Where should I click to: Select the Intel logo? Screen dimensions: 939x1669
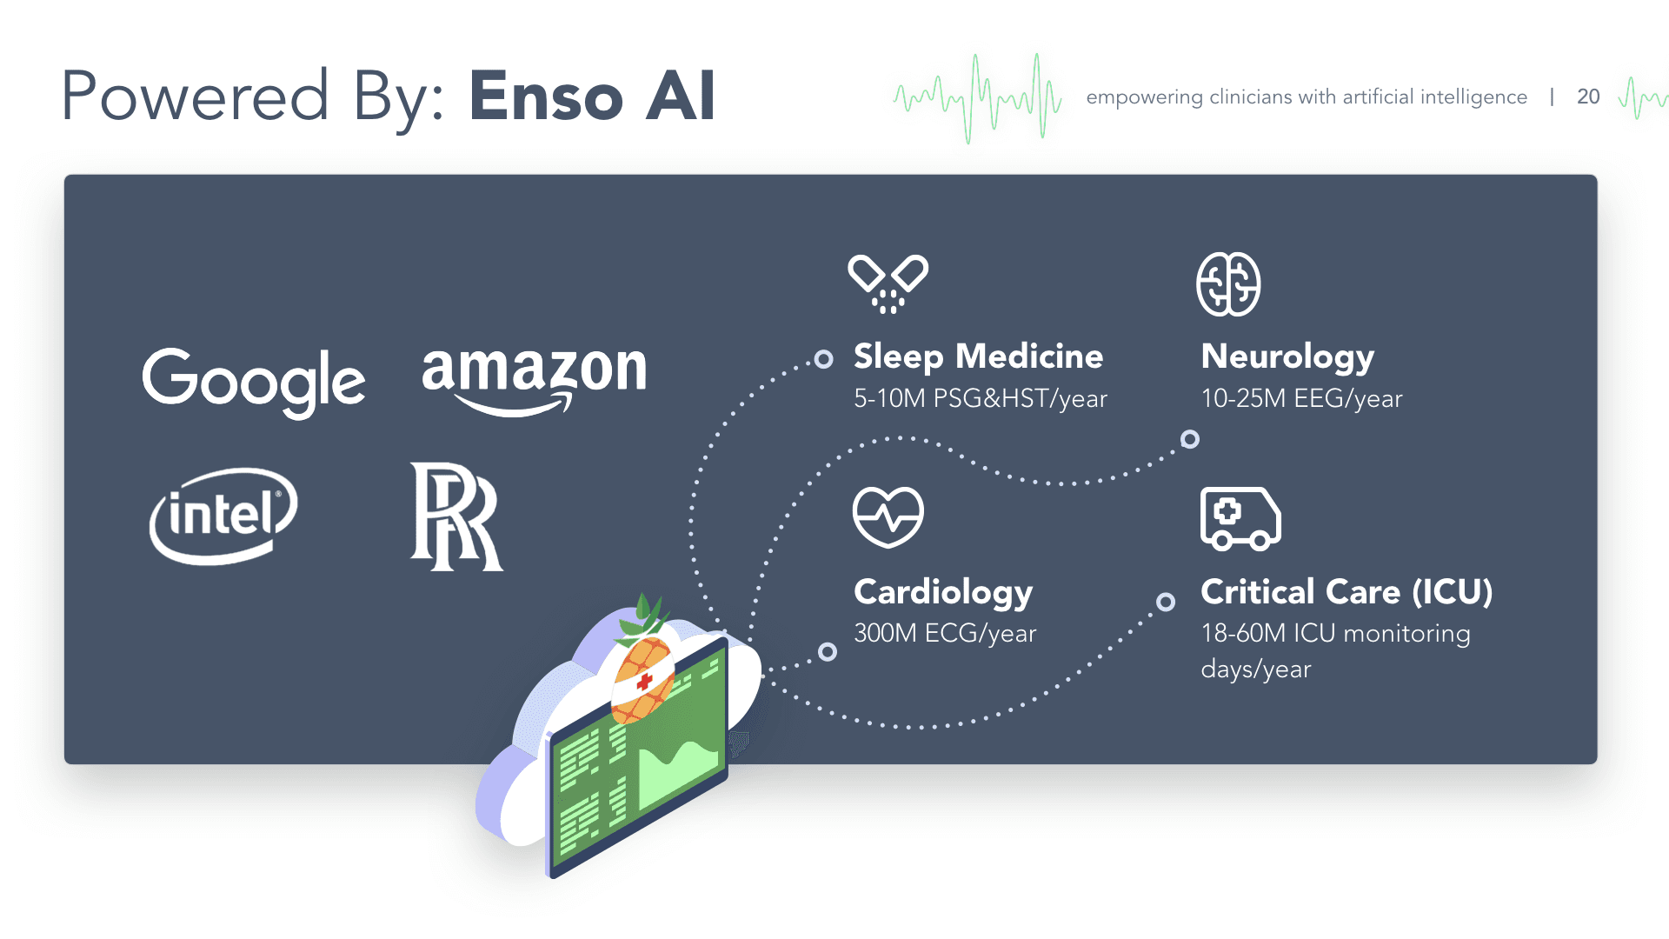(x=223, y=516)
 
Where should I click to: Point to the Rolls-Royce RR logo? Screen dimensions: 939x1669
(x=455, y=516)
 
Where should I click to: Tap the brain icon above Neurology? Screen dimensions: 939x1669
(x=1228, y=284)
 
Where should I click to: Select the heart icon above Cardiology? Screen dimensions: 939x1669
(x=888, y=516)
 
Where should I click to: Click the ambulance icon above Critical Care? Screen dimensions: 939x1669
(x=1240, y=518)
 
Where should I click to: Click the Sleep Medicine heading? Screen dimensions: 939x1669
(x=978, y=356)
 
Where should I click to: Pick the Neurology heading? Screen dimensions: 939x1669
(x=1287, y=356)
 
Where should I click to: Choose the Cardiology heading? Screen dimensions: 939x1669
(x=943, y=592)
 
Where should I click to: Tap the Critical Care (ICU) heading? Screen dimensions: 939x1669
(x=1347, y=592)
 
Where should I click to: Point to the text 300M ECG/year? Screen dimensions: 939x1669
(x=945, y=633)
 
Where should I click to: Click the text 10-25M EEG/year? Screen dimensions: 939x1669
(x=1301, y=398)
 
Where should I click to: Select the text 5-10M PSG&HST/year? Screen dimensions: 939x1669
(x=980, y=398)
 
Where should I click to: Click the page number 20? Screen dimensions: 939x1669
(x=1588, y=97)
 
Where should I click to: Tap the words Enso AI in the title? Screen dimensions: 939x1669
(x=592, y=96)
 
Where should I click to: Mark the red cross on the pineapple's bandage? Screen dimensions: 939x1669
(x=644, y=682)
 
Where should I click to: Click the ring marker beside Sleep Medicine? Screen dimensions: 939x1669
(x=823, y=359)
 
